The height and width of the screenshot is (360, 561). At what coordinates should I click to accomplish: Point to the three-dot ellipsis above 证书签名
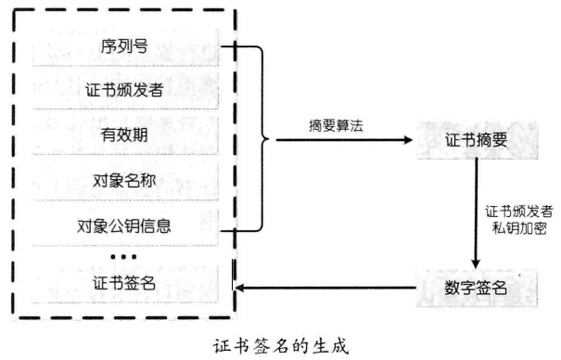[x=122, y=254]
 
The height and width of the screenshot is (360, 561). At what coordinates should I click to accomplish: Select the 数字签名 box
[x=476, y=287]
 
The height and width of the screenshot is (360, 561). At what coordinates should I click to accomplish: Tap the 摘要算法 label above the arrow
[x=336, y=124]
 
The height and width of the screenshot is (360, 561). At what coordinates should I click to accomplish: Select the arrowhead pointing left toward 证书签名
[x=240, y=287]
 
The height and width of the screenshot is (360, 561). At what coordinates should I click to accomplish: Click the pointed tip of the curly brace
[x=270, y=140]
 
